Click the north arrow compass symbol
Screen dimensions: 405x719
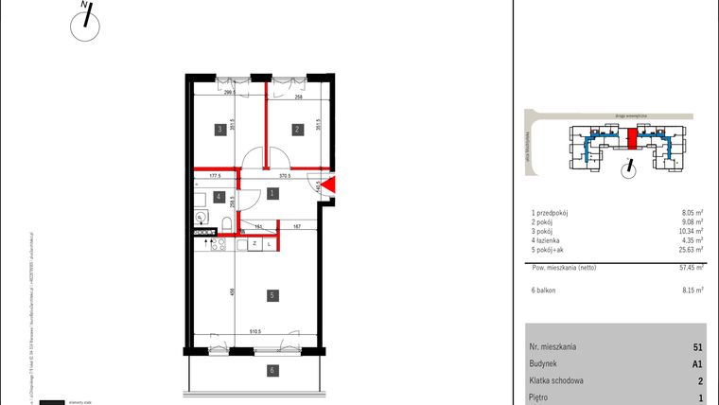click(x=86, y=23)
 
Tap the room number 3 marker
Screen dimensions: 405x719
click(x=219, y=130)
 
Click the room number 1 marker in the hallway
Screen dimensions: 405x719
click(x=272, y=194)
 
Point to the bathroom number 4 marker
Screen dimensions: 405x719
click(x=219, y=198)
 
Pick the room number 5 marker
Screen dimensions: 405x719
click(x=272, y=296)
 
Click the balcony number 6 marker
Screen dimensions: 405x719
click(x=272, y=370)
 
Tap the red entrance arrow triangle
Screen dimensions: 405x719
click(x=328, y=186)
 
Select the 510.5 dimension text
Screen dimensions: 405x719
click(x=254, y=333)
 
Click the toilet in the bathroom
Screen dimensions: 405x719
click(x=229, y=223)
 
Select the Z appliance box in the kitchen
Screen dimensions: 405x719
click(x=255, y=244)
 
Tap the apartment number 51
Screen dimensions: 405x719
click(x=697, y=347)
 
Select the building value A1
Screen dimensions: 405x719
click(x=696, y=363)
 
